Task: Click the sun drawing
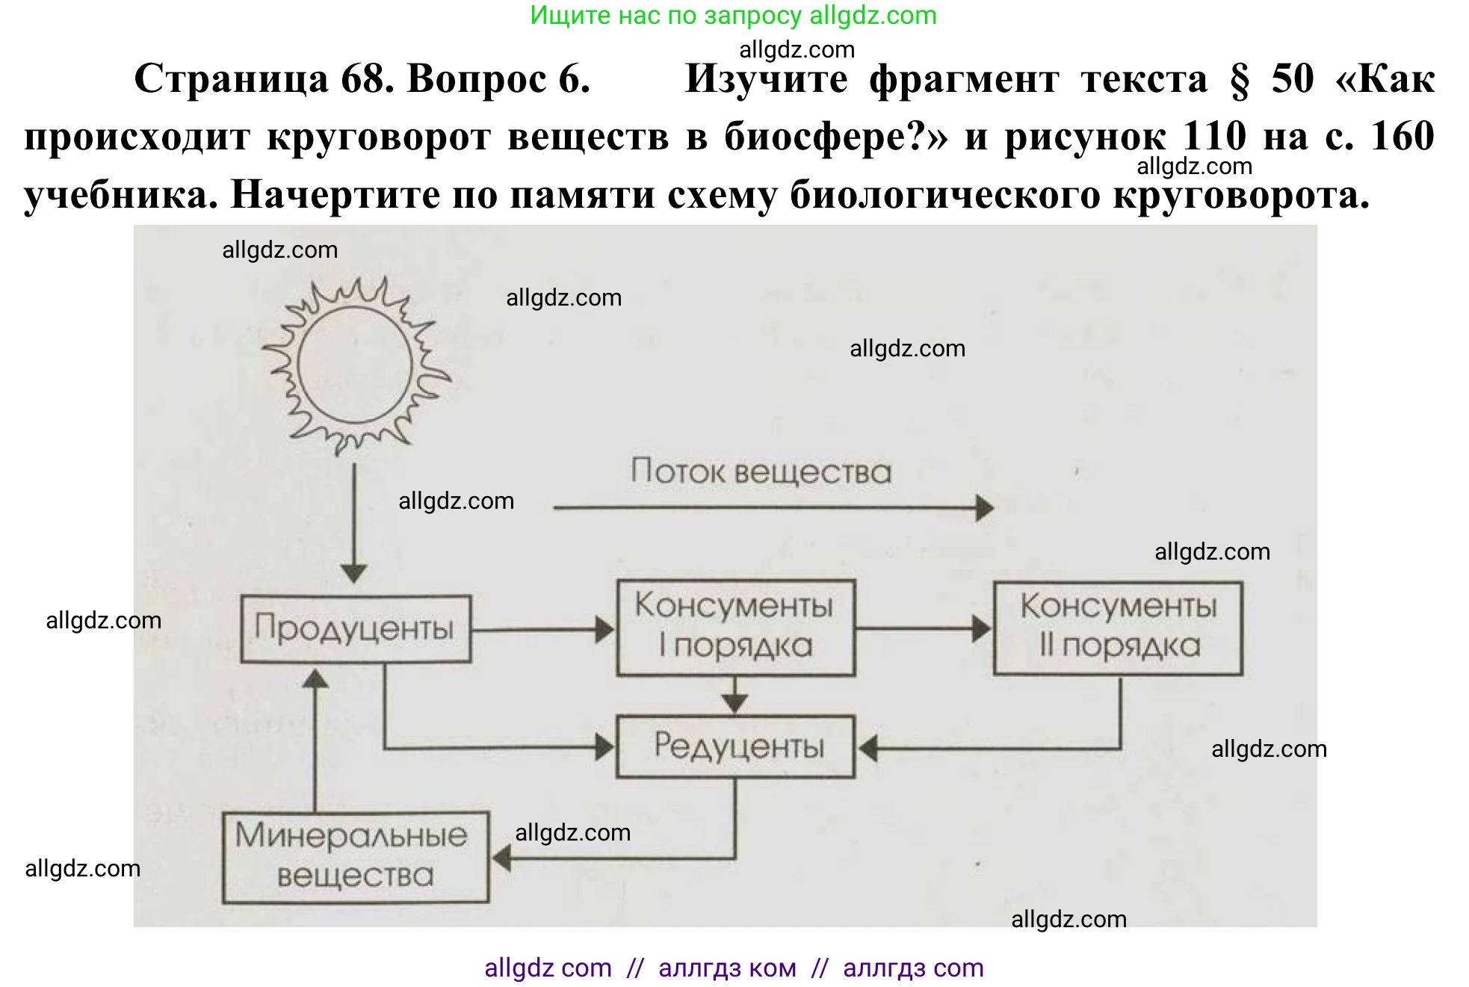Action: tap(356, 365)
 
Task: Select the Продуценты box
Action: tap(356, 628)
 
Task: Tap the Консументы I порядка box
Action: tap(735, 628)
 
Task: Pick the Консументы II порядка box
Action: tap(1118, 628)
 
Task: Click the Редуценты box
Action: tap(735, 746)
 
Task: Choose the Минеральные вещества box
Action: tap(356, 857)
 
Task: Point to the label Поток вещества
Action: tap(761, 472)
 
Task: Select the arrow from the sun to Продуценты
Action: tap(354, 523)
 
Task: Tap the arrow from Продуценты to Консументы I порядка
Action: tap(542, 630)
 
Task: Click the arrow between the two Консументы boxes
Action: tap(923, 628)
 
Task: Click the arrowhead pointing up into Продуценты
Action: tap(315, 678)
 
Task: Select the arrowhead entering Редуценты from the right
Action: tap(868, 747)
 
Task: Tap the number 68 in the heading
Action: tap(366, 78)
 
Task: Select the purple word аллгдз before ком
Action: tap(699, 968)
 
